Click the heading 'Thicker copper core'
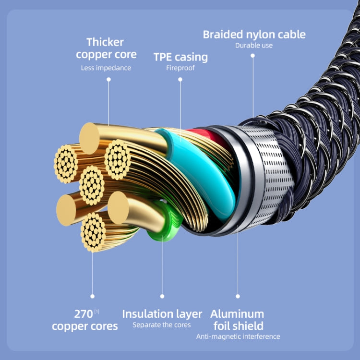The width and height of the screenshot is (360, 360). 106,48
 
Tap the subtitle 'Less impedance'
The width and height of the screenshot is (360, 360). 106,68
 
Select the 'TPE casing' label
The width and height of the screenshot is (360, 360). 180,57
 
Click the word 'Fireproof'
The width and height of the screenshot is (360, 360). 180,68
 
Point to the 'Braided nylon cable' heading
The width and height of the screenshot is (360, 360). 254,35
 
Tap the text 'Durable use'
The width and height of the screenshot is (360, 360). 254,46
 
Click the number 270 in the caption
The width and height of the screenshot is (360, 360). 83,314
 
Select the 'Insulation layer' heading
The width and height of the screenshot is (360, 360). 162,314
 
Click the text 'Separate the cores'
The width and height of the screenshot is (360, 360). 162,325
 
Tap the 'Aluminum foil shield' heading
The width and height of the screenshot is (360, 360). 237,320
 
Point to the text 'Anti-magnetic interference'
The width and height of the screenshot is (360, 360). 238,336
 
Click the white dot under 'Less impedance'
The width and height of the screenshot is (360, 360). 108,80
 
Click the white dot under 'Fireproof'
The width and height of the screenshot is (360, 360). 180,79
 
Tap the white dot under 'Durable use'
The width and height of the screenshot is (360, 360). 253,56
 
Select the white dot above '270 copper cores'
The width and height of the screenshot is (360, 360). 93,296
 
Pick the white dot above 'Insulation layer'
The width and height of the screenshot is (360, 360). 162,296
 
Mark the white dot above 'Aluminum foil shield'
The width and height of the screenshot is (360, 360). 238,296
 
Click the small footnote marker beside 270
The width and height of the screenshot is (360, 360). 96,312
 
